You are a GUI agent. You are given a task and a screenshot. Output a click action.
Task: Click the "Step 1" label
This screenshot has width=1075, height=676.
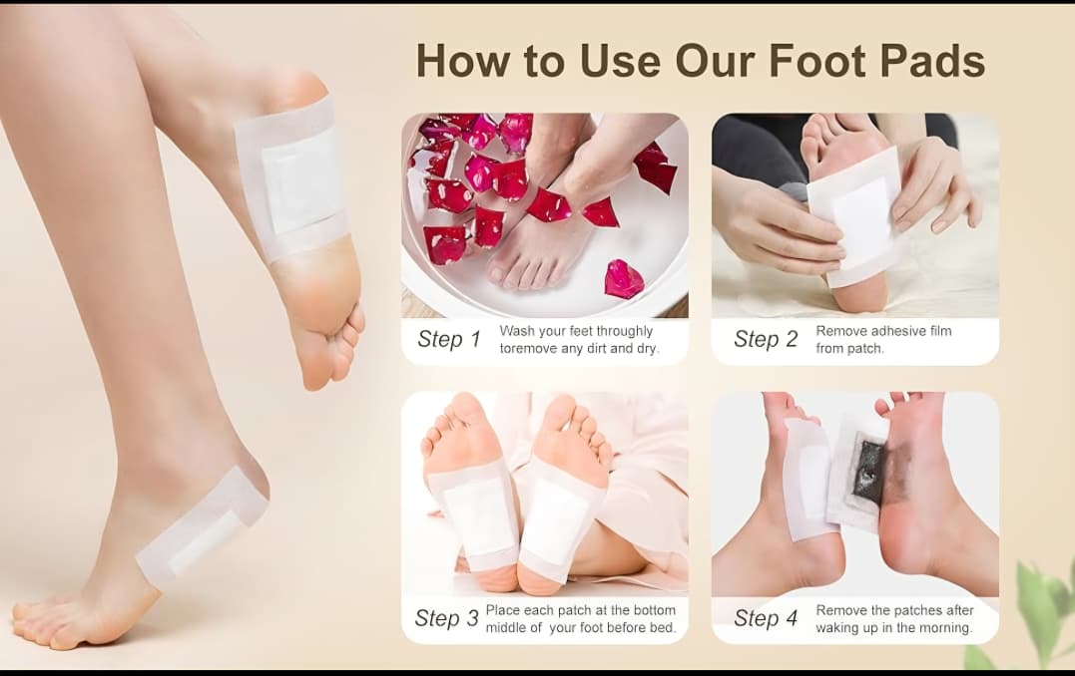coord(449,339)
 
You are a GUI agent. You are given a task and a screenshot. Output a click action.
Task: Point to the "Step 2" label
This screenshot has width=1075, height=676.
coord(766,339)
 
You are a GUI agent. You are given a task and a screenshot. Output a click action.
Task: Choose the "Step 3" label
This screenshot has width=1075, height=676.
coord(446,618)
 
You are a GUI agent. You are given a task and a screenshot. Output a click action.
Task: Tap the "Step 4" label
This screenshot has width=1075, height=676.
coord(766,618)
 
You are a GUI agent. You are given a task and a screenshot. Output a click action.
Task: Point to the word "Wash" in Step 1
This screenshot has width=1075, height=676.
coord(516,331)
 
